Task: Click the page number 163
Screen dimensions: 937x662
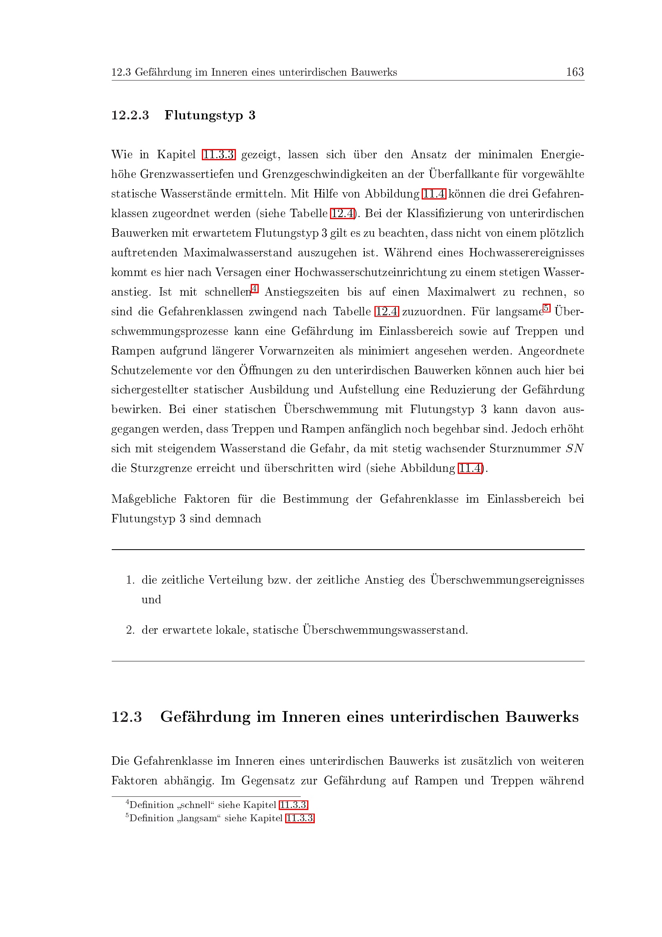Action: pos(575,72)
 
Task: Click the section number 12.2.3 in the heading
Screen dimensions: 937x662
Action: pos(130,115)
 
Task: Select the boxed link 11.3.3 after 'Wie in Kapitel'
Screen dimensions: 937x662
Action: pos(219,155)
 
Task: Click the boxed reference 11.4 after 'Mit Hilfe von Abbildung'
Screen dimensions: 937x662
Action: pos(434,194)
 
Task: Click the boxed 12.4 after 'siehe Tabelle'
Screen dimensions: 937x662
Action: pos(342,214)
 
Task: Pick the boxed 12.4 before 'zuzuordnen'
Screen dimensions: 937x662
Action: pos(386,312)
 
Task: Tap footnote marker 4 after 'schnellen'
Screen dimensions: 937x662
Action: pos(255,289)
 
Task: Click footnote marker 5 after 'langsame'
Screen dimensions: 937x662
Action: pos(547,308)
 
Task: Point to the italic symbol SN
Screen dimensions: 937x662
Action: pos(575,449)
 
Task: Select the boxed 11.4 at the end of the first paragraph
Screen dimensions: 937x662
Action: pos(470,468)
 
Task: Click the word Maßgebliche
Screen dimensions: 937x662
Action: pos(144,499)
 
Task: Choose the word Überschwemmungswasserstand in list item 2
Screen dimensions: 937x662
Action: pos(384,630)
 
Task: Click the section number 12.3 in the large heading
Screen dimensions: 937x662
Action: pos(127,717)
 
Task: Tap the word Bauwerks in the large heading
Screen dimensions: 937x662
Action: pos(542,717)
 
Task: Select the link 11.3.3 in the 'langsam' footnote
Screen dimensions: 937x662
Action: pos(300,826)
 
